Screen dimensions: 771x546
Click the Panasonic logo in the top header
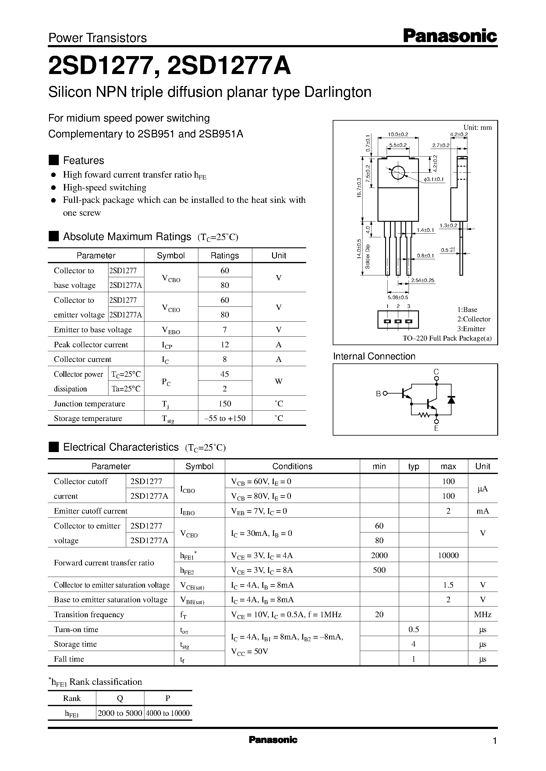coord(449,36)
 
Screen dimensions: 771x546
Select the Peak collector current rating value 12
coord(225,345)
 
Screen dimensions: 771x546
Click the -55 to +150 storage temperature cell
coord(225,419)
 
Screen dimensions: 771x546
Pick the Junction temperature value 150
coord(225,404)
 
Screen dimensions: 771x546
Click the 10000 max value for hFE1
coord(448,555)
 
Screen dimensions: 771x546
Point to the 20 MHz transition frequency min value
coord(379,614)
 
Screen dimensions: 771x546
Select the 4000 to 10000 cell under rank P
coord(168,713)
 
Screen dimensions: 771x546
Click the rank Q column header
coord(120,698)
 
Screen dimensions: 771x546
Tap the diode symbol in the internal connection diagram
coord(451,400)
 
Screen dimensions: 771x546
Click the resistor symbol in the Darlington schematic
coord(424,416)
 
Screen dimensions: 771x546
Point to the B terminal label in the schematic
coord(378,394)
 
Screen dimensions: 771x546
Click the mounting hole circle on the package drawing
coord(398,173)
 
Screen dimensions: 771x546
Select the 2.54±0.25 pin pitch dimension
coord(422,280)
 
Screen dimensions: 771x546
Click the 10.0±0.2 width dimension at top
coord(398,134)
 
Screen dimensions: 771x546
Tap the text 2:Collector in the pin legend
coord(473,319)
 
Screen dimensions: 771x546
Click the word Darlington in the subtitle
coord(338,92)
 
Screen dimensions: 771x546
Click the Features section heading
coord(83,161)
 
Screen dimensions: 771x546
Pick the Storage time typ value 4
coord(413,644)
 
